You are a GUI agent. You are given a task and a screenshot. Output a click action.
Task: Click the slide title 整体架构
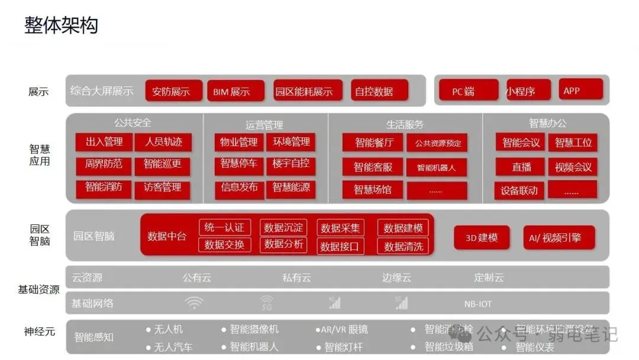[61, 25]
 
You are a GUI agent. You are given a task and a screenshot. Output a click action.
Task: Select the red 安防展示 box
[173, 91]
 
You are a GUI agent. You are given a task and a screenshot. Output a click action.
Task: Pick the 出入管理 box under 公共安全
[104, 142]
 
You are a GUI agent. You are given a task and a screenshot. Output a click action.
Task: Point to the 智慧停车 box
[238, 164]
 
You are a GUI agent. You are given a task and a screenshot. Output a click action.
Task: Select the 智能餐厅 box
[373, 143]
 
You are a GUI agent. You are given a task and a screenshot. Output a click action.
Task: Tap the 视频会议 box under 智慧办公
[572, 167]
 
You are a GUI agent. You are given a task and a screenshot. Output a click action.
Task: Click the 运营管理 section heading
[264, 125]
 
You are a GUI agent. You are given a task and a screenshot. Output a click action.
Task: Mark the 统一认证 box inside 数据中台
[224, 227]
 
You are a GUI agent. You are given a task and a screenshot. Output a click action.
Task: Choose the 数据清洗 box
[403, 246]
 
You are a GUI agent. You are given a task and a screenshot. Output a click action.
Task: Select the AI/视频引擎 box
[559, 237]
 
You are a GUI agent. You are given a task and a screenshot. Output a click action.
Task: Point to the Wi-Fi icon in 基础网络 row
[193, 303]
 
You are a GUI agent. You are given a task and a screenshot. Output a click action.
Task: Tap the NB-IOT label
[477, 304]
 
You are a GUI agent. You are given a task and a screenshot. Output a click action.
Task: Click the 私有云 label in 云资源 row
[296, 278]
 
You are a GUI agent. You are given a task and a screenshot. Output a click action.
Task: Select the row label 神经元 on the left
[39, 332]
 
